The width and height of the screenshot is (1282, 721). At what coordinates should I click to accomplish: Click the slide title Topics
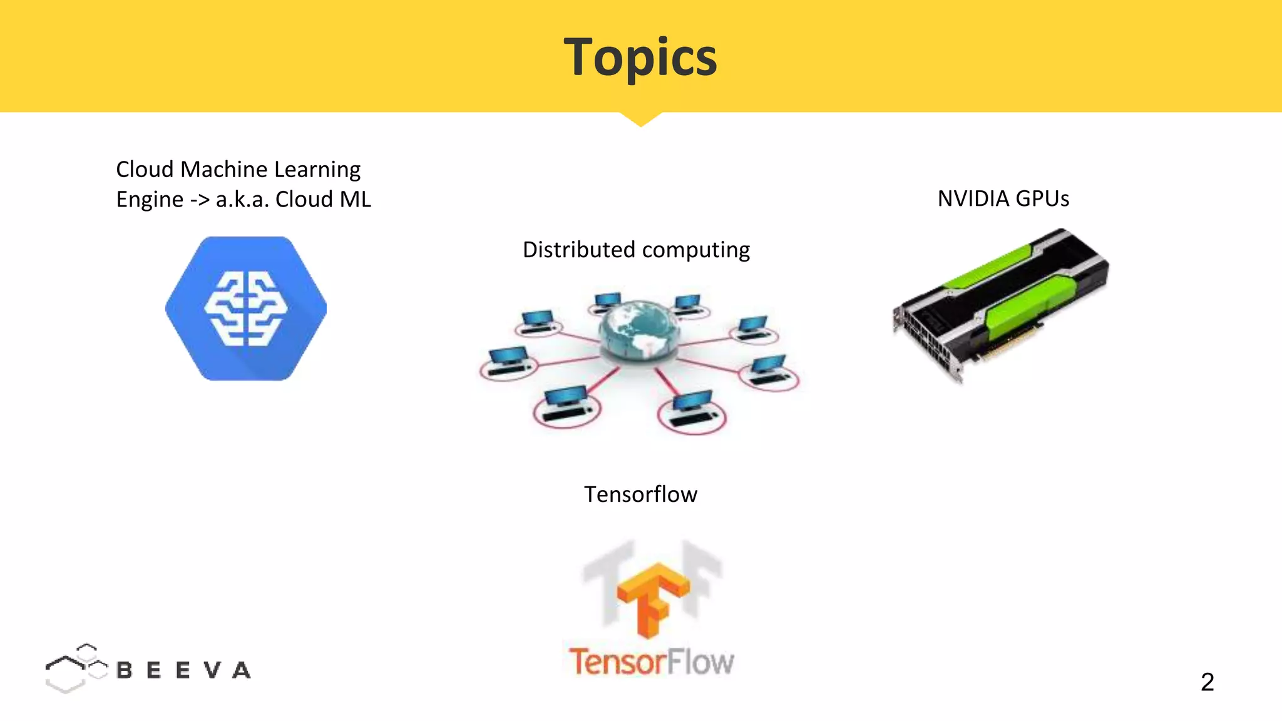click(640, 57)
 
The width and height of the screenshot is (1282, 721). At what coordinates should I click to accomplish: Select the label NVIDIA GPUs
click(1003, 198)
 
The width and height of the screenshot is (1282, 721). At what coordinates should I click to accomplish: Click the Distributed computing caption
click(636, 250)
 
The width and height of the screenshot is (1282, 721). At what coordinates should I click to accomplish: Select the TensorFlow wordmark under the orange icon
click(651, 662)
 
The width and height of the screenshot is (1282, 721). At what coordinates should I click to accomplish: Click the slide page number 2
click(1208, 682)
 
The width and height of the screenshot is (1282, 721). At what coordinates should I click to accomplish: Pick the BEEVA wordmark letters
click(183, 670)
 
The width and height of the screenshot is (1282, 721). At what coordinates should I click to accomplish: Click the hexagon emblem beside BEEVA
click(75, 668)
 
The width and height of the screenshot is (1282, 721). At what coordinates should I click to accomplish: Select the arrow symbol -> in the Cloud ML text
click(200, 200)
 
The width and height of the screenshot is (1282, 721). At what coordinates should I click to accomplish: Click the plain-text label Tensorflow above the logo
click(640, 494)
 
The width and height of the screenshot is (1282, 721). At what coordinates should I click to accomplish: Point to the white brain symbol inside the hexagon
click(246, 308)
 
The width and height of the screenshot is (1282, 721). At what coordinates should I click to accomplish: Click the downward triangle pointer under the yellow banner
click(640, 119)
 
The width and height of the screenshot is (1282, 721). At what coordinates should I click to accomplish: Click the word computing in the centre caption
click(695, 250)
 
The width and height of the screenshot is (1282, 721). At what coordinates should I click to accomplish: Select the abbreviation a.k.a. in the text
click(242, 200)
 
